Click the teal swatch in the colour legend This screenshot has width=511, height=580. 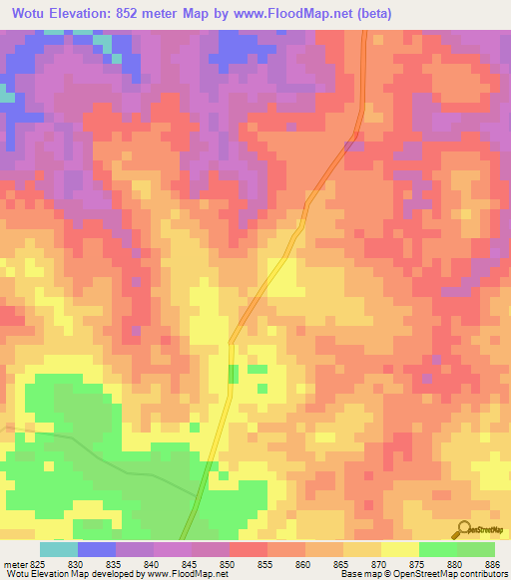59,549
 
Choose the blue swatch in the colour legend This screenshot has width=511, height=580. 97,549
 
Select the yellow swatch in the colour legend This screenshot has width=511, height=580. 399,549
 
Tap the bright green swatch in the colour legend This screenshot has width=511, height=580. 437,549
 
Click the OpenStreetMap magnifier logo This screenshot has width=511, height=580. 462,528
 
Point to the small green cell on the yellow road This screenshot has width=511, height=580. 234,374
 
